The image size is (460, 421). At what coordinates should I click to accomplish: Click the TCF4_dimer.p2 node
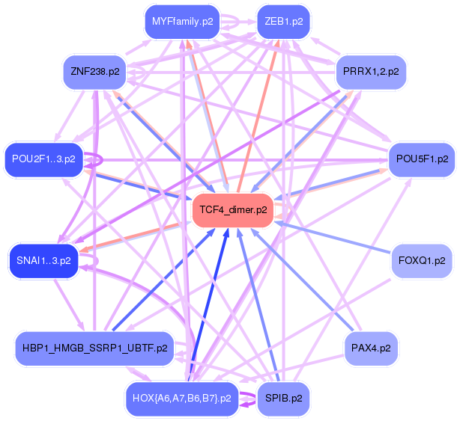point(234,211)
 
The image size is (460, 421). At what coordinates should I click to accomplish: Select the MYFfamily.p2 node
point(182,22)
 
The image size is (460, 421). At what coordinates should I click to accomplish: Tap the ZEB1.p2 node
point(283,22)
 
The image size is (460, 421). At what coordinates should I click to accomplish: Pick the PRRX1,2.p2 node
point(370,73)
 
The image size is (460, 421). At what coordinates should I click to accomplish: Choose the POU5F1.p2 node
point(421,159)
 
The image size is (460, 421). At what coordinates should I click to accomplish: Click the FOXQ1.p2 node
point(422,261)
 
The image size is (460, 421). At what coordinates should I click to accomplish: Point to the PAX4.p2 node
point(370,348)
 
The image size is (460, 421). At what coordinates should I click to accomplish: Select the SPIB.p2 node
point(283,398)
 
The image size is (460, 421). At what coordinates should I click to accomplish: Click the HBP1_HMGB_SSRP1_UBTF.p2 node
point(94,348)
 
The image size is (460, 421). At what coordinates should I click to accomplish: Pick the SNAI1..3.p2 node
point(43,261)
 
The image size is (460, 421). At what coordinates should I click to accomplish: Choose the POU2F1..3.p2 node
point(44,159)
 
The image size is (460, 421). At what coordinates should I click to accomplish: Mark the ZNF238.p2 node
point(94,73)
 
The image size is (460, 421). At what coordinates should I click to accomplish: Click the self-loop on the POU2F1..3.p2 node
point(96,159)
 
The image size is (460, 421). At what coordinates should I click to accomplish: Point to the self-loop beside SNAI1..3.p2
point(93,261)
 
